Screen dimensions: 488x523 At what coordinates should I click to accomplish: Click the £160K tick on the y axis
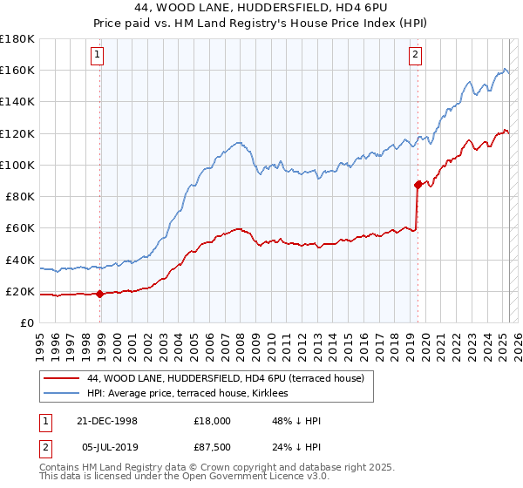(17, 70)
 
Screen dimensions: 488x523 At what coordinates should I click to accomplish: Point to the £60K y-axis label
(20, 227)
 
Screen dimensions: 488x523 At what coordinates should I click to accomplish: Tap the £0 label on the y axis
(27, 322)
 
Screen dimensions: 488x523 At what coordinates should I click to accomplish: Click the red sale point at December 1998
(100, 294)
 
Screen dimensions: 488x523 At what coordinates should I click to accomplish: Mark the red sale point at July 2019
(418, 184)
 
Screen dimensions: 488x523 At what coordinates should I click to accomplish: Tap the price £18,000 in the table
(212, 421)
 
